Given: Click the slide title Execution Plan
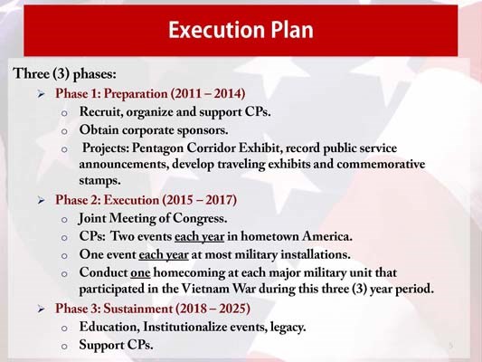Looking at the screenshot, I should click(241, 31).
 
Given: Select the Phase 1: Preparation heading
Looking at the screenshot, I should click(150, 93).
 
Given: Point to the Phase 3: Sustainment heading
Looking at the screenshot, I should click(153, 308).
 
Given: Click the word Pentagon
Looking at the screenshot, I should click(164, 148).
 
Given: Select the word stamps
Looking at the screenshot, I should click(99, 181).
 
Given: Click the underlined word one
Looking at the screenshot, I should click(140, 272).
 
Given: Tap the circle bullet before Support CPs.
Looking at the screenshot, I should click(64, 346).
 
